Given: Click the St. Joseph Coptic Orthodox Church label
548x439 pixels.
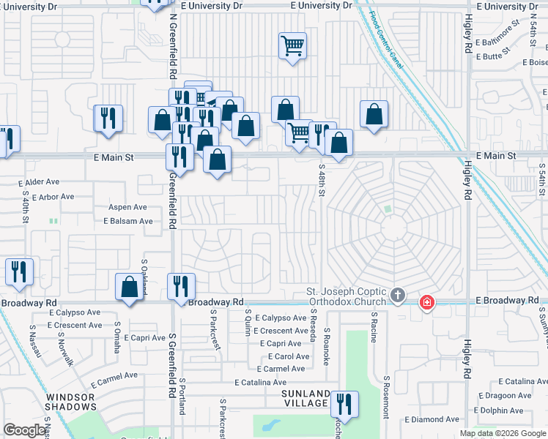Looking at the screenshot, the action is (347, 296).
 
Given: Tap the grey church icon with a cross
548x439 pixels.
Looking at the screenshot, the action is (398, 296).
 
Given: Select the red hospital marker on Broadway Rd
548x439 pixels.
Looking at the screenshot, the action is (426, 301).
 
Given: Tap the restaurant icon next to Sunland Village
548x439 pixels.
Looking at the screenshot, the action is (343, 404).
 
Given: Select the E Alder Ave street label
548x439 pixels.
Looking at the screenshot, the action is (41, 181).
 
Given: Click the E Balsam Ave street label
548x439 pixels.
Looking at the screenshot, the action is (128, 221).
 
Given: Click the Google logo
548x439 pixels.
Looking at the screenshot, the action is (25, 430).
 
